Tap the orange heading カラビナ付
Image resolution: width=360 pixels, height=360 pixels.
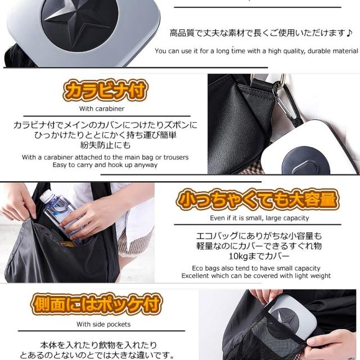coord(105,90)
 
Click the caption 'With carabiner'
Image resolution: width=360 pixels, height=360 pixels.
coord(102,109)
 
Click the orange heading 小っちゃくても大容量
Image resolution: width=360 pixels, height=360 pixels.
coord(258,200)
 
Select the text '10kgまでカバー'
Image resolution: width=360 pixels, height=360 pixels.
coord(259,256)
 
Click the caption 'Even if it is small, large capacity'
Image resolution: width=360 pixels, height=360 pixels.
coord(259,218)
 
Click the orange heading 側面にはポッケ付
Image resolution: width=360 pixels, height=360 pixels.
coord(96,304)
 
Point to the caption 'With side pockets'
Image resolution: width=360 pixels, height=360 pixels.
coord(103,324)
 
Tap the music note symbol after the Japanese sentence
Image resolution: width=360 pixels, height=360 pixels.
coord(349,33)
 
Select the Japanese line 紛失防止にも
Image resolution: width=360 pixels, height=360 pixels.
coord(105,145)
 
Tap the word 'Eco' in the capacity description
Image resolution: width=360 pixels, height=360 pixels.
coord(197,268)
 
